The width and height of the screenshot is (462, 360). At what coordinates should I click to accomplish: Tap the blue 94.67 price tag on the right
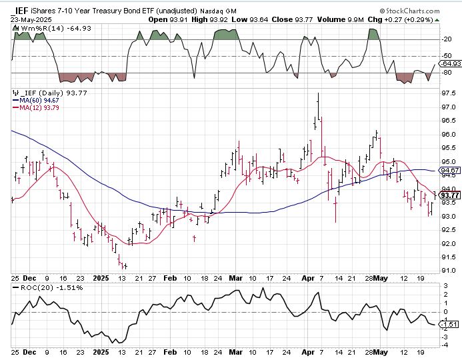(451, 171)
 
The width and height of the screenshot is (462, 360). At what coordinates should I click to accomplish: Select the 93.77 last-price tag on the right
(451, 195)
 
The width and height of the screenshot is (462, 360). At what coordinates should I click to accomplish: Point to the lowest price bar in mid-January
(125, 265)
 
